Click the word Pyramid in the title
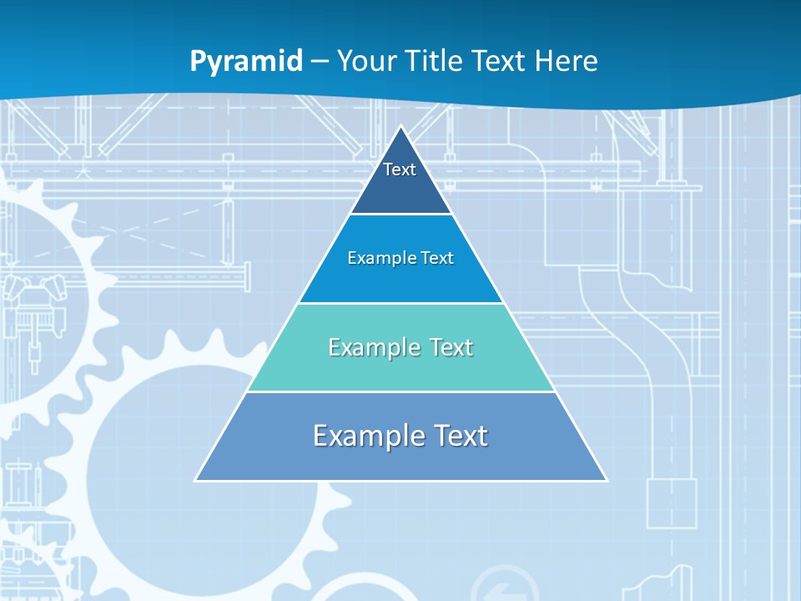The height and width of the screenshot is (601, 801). coord(246,61)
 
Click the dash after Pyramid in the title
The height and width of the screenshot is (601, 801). coord(320,62)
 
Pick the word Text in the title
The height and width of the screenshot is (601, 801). coord(500,61)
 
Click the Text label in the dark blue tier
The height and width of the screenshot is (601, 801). coord(399,169)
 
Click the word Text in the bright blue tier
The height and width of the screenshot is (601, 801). coord(437,259)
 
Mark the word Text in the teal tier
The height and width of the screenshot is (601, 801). coord(451,347)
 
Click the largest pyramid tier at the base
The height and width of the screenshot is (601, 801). coord(401,459)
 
